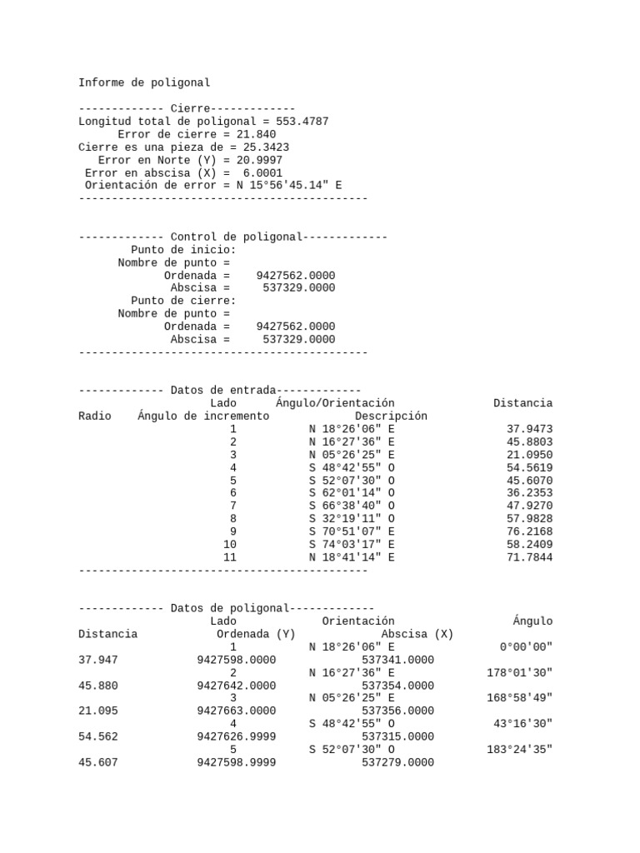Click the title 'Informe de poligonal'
point(144,82)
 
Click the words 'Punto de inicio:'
point(183,250)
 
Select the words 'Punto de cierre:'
point(183,301)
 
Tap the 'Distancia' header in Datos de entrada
point(522,403)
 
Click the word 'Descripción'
point(391,416)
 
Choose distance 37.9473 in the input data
point(529,429)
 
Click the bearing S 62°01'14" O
point(352,493)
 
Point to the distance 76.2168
point(529,531)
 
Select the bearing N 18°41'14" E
point(352,557)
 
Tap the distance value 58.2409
point(529,545)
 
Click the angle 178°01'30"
point(519,672)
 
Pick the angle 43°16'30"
point(522,724)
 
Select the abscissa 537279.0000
point(397,762)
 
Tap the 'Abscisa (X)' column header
point(417,634)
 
